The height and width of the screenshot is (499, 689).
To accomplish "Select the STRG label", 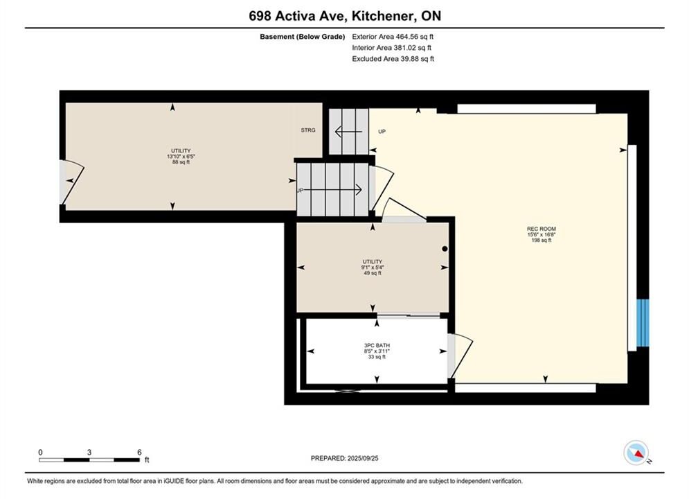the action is point(308,130).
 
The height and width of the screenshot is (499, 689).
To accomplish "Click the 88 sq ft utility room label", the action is point(181,157).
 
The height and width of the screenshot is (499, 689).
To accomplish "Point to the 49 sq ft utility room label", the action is point(373,268).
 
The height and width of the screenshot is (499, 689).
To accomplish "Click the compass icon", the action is point(636,453).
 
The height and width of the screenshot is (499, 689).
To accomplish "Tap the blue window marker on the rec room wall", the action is point(643,323).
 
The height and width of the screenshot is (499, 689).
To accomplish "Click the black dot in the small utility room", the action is point(445,249).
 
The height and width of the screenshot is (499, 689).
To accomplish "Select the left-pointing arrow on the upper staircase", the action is point(348,132).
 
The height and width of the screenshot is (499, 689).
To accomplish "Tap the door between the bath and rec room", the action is point(460,356).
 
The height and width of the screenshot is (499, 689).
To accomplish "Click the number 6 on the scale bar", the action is point(139,452).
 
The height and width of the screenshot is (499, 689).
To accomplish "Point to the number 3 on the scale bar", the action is point(89,452).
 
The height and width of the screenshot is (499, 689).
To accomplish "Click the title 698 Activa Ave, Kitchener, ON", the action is point(345,16).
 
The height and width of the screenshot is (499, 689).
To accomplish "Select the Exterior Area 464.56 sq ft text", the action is point(393,37).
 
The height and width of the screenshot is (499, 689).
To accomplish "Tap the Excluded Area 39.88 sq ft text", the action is point(393,58).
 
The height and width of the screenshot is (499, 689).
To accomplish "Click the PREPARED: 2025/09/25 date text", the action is point(345,458).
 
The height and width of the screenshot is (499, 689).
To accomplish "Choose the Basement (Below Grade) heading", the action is point(303,37).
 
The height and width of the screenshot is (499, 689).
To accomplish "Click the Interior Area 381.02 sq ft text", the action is point(391,48).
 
